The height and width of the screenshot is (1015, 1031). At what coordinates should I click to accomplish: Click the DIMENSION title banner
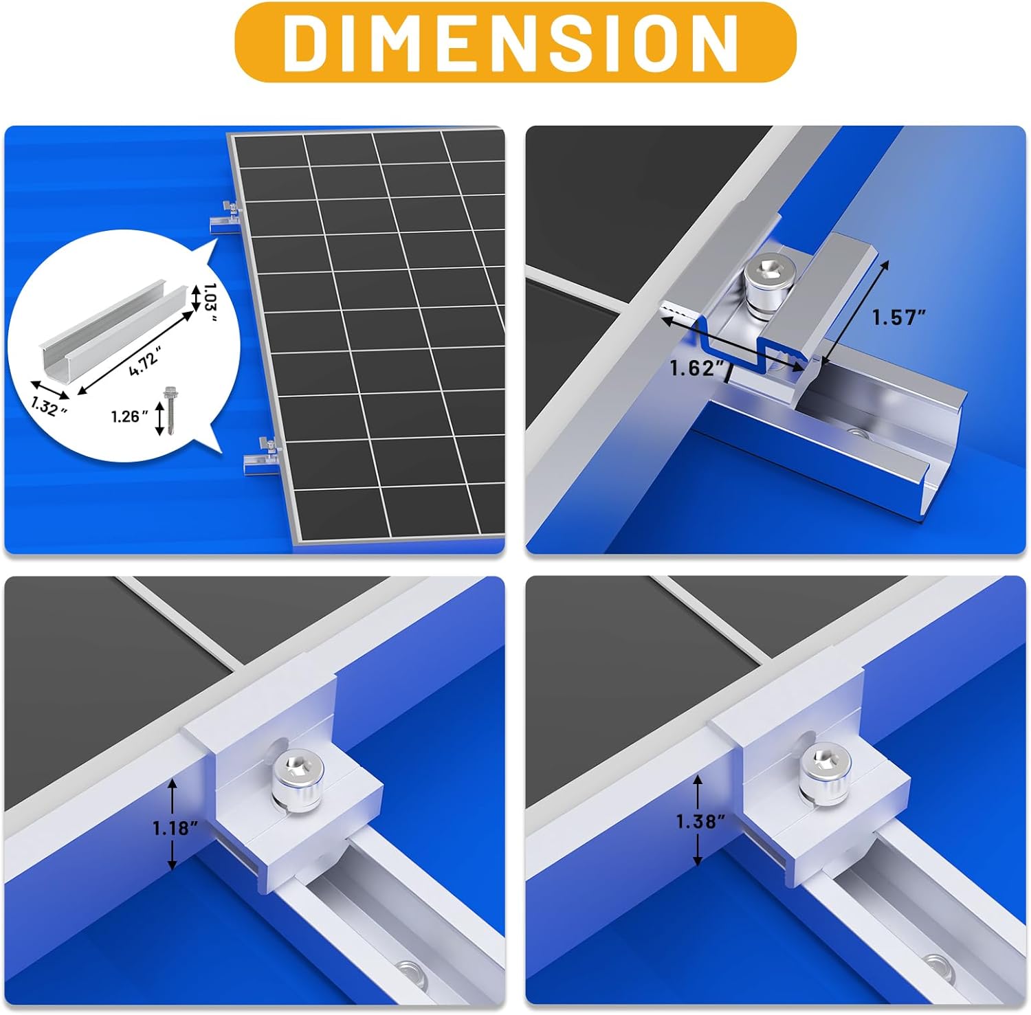click(x=515, y=42)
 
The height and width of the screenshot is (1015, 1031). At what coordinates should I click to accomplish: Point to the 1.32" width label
click(x=48, y=406)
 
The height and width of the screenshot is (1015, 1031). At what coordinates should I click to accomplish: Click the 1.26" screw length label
click(x=129, y=416)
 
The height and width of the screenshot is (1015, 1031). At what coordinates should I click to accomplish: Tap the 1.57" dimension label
click(x=899, y=317)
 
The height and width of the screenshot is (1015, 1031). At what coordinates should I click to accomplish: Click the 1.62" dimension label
click(x=698, y=368)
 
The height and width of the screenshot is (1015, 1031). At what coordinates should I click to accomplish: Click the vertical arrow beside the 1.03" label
click(x=195, y=298)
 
